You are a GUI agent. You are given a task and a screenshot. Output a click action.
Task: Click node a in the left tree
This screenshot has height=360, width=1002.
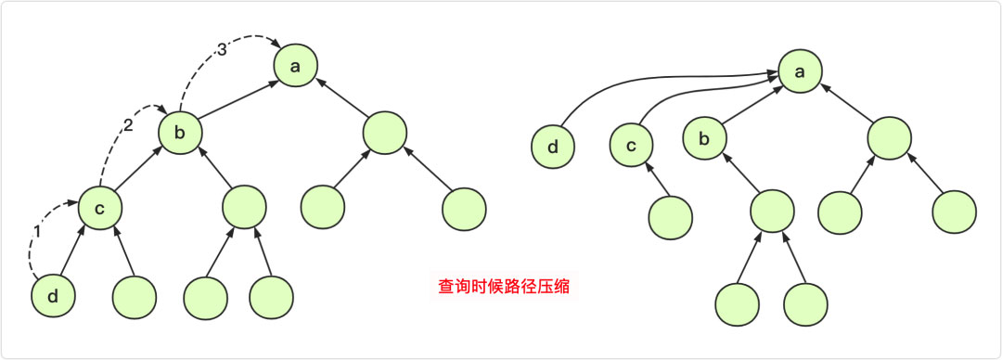coord(296,65)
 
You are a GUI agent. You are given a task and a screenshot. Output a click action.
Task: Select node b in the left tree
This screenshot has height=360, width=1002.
coord(180,134)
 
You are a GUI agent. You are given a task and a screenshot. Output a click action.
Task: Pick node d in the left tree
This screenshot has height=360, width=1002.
coord(53,296)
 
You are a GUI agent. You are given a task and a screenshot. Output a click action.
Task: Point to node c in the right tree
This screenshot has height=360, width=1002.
coord(632,147)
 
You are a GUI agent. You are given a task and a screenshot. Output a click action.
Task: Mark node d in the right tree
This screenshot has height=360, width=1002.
coord(554,147)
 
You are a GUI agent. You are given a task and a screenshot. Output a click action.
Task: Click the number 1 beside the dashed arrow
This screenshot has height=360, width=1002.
coord(37,229)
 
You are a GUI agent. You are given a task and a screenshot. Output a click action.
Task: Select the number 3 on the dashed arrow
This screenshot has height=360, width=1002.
coord(221,51)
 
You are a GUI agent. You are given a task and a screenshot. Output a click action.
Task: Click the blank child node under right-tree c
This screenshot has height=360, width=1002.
coord(670,219)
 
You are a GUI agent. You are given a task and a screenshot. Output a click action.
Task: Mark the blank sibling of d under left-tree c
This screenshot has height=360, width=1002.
coord(134,297)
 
